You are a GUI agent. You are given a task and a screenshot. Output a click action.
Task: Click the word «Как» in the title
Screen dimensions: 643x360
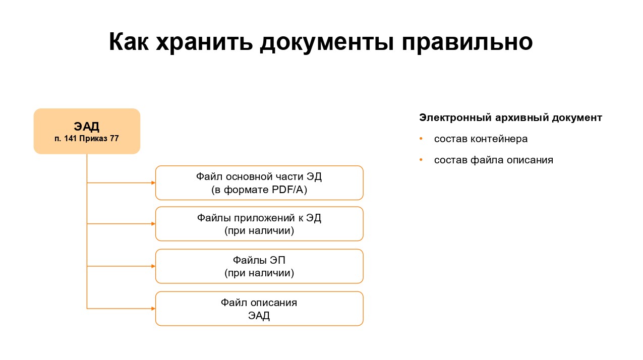(129, 42)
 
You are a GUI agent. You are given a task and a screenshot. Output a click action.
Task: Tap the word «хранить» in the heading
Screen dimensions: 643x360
(204, 42)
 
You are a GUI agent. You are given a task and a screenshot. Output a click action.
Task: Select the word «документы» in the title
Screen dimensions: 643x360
(327, 42)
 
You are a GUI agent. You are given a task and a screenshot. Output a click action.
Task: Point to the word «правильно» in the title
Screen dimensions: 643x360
(467, 42)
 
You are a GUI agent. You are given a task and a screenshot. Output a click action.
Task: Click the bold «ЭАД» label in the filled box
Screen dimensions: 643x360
(87, 127)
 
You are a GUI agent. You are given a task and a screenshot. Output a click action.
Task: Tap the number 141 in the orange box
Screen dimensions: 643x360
(70, 139)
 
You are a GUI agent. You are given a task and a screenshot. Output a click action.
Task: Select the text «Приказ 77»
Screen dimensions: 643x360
(99, 139)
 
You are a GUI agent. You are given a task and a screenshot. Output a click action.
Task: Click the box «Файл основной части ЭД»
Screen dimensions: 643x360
(259, 183)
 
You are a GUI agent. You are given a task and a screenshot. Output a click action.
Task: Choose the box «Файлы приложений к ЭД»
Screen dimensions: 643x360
(259, 224)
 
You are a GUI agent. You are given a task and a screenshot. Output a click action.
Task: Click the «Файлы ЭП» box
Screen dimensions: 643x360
(259, 266)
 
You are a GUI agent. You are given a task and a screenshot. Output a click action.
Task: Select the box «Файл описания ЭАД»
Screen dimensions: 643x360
(259, 309)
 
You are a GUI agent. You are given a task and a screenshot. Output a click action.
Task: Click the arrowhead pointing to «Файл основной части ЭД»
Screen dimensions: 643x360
(153, 183)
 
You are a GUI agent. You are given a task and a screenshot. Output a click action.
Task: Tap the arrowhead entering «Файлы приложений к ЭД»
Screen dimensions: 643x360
(153, 224)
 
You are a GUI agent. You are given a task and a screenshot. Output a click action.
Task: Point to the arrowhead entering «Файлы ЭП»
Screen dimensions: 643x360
(153, 266)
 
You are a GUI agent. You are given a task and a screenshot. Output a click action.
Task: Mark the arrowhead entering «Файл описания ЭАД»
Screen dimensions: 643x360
(153, 309)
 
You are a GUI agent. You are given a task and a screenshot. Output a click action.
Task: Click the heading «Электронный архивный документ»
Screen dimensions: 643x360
(511, 117)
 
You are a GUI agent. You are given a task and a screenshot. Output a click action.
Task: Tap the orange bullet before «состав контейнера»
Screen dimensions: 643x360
(421, 139)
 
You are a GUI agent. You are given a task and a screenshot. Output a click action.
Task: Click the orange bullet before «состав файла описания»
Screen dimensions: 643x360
(421, 160)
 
